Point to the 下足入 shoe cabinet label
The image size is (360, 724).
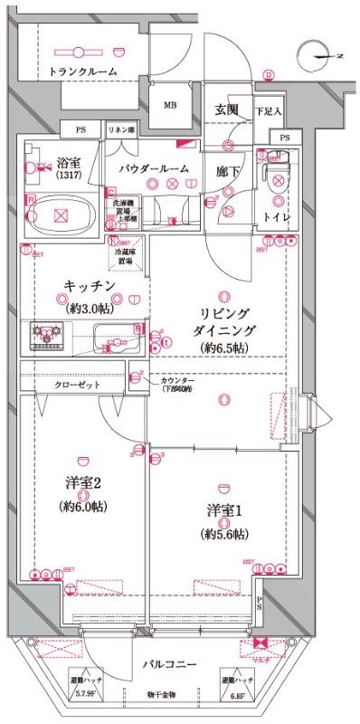pos(268,111)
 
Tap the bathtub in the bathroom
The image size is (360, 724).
pos(62,215)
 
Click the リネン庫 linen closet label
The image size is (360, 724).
pos(121,131)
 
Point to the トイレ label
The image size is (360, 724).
pos(276,217)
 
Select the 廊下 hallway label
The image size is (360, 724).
pos(227,169)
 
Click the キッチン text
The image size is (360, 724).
pos(89,286)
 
